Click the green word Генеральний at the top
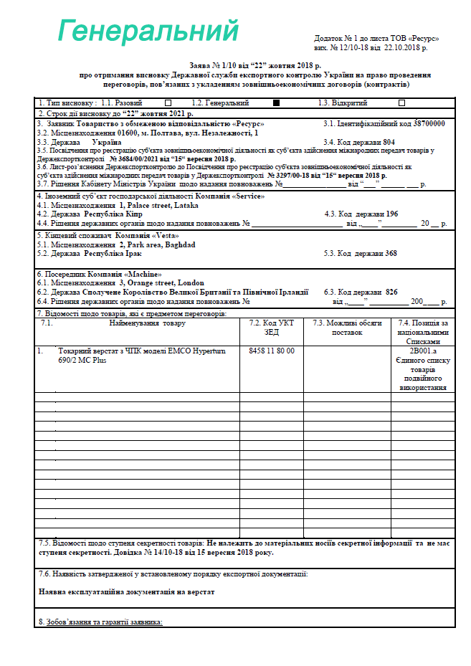148,32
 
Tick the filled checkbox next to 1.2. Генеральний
277,103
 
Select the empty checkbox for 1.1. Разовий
168,103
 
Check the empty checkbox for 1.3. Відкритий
401,103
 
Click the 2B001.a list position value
423,351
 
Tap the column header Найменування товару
147,323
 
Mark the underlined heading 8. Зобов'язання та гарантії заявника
100,622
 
